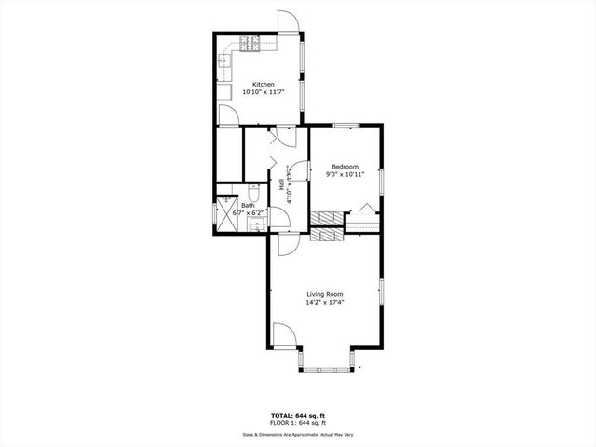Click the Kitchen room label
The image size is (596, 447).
(x=264, y=84)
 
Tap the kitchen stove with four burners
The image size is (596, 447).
(x=249, y=43)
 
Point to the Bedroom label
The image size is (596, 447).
(x=345, y=166)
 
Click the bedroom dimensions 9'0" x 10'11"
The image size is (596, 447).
(x=345, y=174)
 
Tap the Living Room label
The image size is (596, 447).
(x=325, y=293)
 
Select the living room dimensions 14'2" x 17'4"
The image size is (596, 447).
(x=325, y=302)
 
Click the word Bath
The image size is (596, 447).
(x=248, y=205)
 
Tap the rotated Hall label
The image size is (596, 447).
(x=281, y=185)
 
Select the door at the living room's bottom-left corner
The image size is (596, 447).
(x=283, y=334)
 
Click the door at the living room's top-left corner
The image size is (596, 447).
(x=284, y=243)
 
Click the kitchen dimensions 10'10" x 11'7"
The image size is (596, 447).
(x=264, y=92)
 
